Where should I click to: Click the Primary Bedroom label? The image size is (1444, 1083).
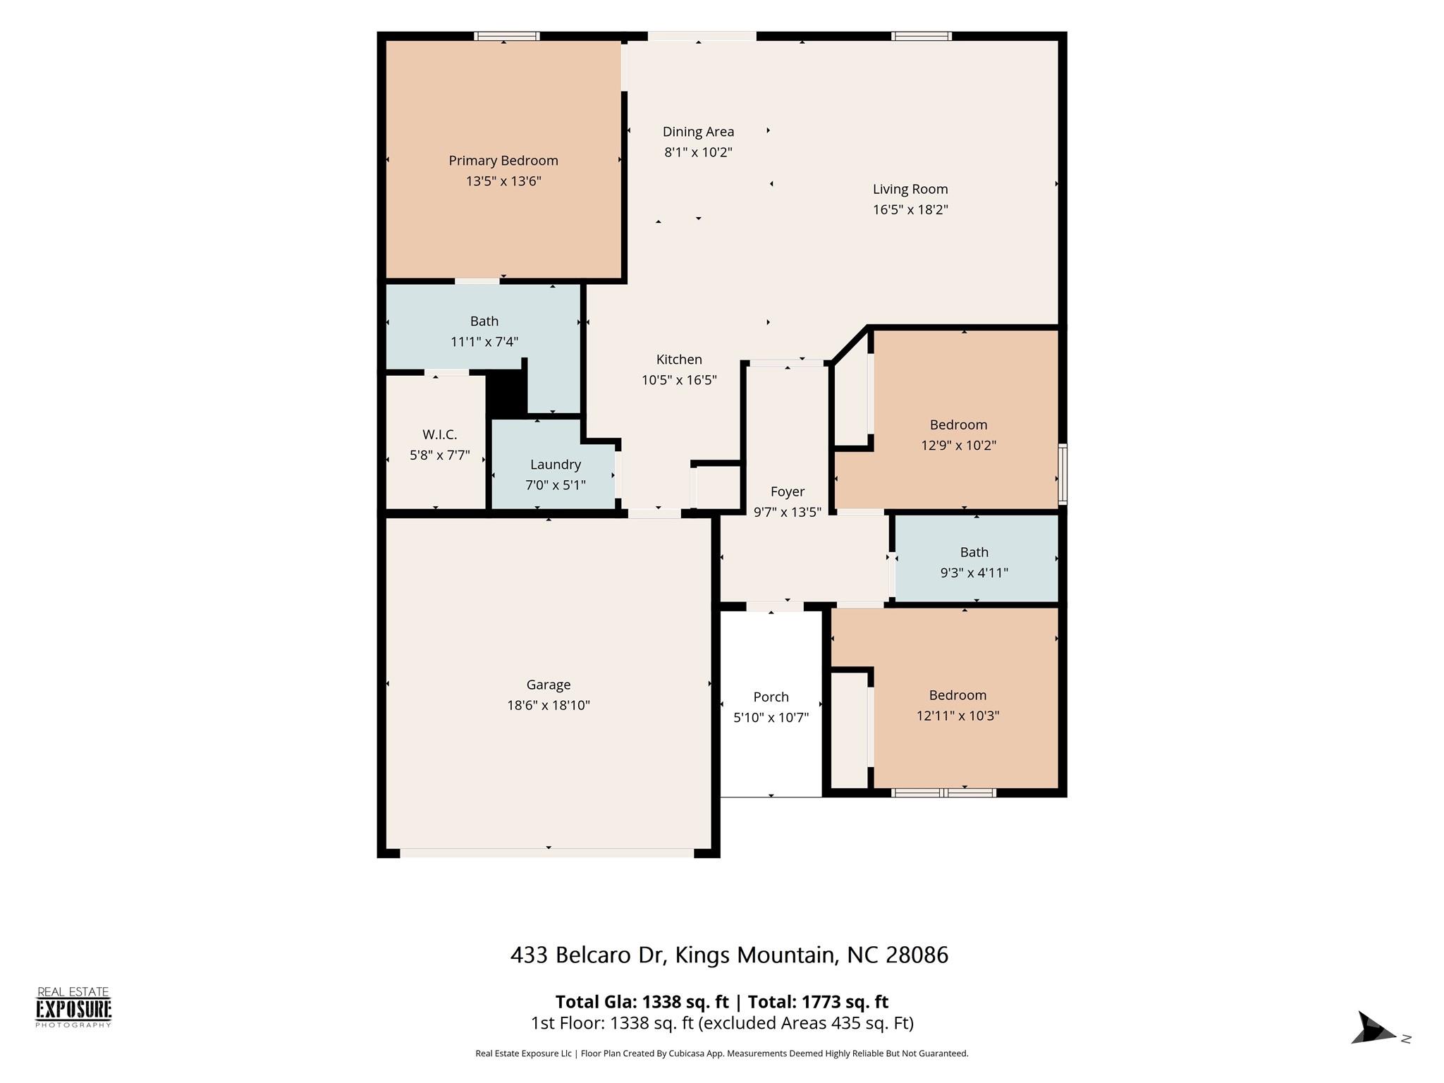click(x=503, y=161)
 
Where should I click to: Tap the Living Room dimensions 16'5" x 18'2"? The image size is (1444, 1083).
click(x=910, y=209)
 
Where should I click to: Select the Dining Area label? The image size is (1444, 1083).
click(x=698, y=132)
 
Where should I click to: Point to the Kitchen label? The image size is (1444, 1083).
click(x=679, y=359)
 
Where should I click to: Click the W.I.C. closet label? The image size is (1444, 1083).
click(x=440, y=434)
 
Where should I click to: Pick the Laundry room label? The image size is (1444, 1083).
click(x=556, y=465)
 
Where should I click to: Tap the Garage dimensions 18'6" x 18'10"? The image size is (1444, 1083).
click(x=549, y=705)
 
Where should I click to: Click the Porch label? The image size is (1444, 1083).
click(x=771, y=697)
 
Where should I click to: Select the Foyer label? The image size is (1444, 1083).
click(x=788, y=491)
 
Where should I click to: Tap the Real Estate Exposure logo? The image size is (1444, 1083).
click(x=73, y=1008)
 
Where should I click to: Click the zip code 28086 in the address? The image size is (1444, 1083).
click(x=917, y=955)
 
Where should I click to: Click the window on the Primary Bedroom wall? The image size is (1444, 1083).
click(x=506, y=36)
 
